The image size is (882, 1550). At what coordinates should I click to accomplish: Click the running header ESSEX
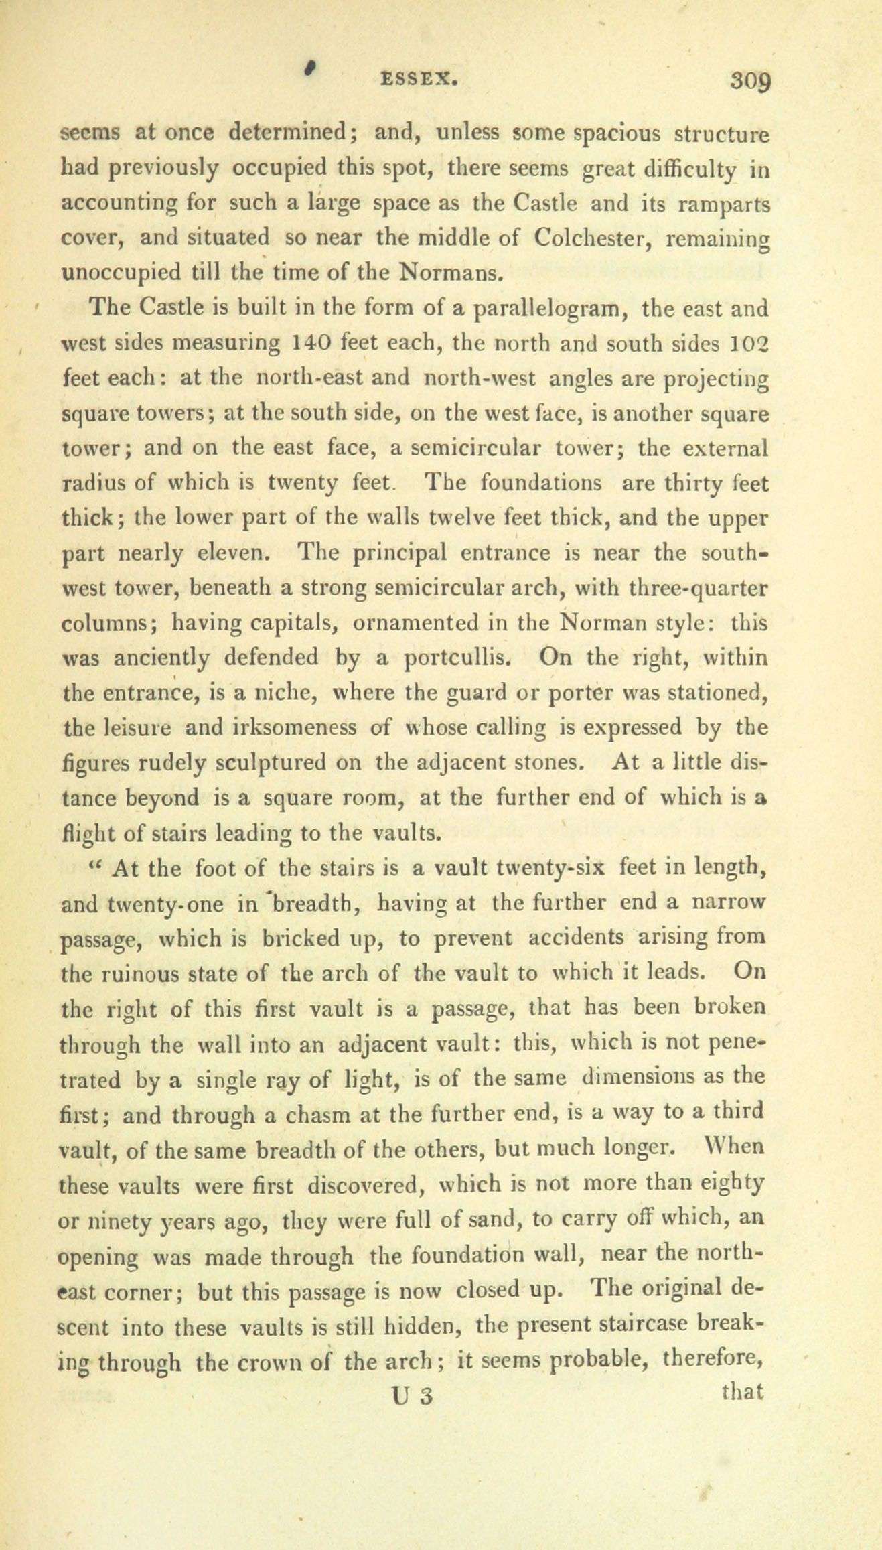(419, 80)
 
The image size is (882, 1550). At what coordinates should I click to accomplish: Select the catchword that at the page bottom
(743, 1391)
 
